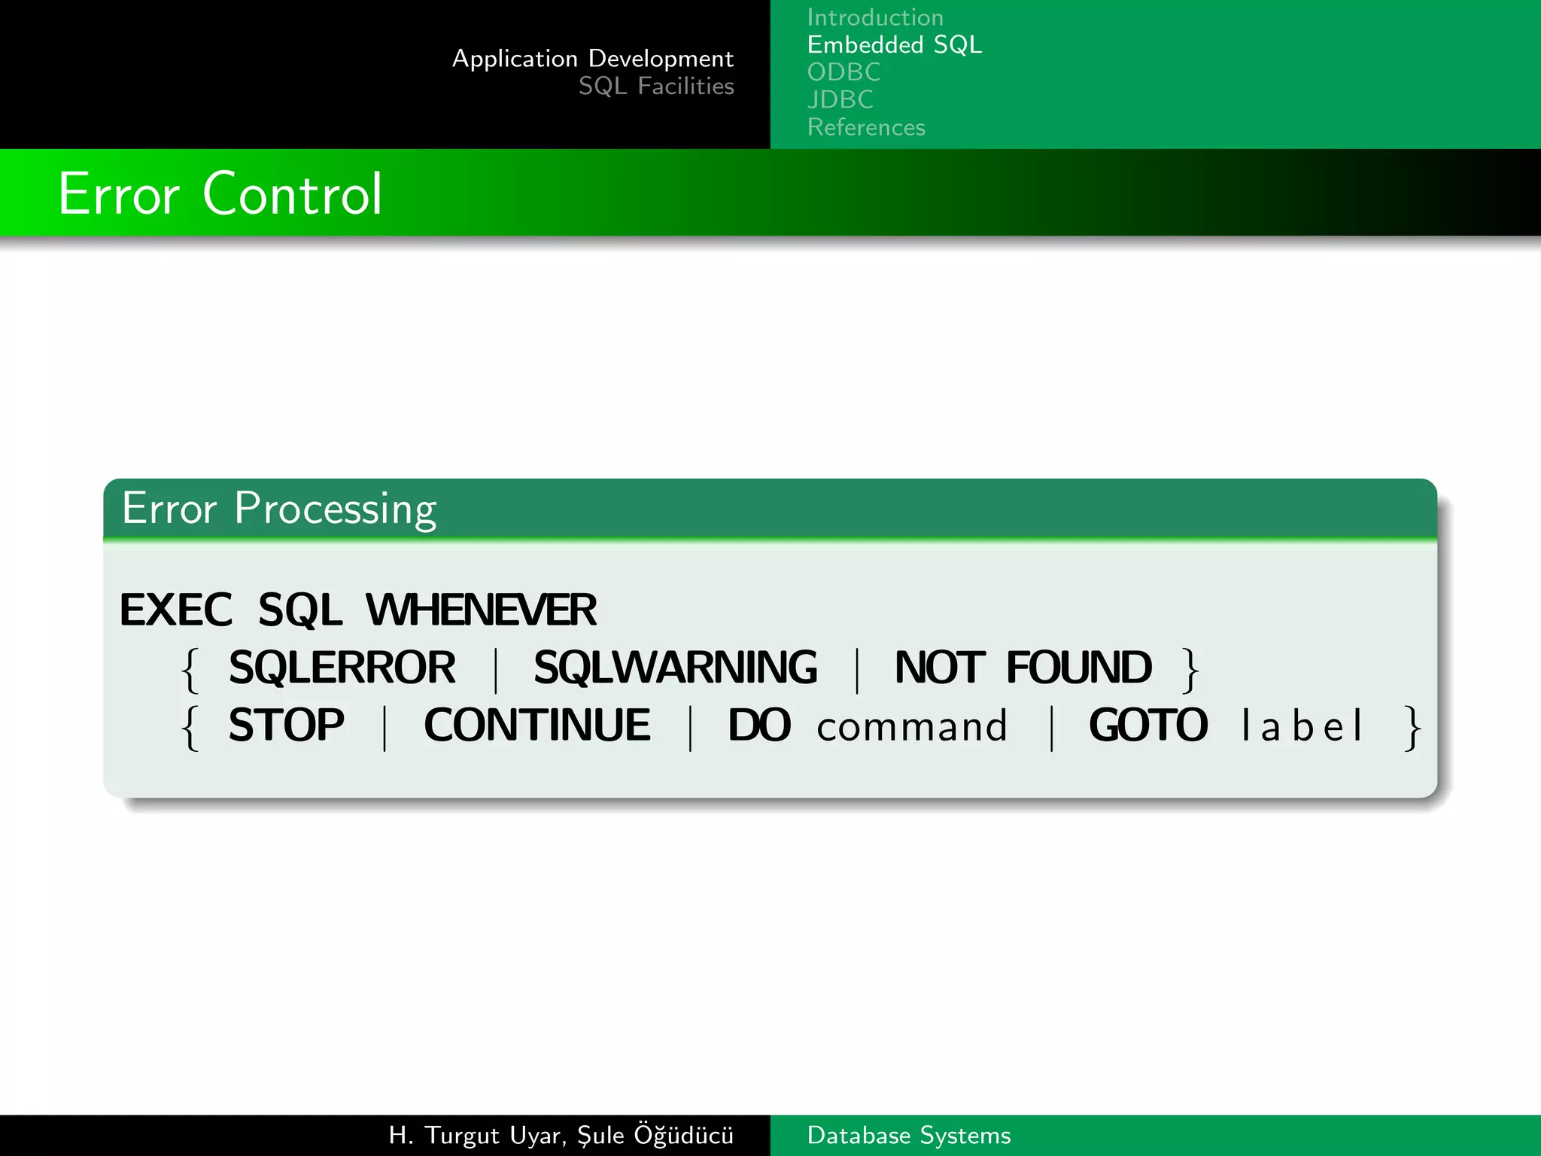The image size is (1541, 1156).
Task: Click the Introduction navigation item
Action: click(x=874, y=17)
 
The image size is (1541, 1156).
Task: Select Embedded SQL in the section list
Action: click(x=894, y=45)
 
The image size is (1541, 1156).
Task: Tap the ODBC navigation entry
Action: click(x=843, y=72)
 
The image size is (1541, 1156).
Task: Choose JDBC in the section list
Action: click(x=840, y=99)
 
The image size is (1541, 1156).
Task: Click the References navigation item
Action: click(x=865, y=127)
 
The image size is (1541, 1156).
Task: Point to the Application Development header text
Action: click(x=592, y=59)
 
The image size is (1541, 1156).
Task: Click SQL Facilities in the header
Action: click(x=655, y=87)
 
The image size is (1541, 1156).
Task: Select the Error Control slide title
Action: click(x=220, y=194)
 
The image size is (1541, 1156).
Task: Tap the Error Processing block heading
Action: click(x=278, y=509)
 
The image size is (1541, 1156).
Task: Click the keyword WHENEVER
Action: click(x=481, y=610)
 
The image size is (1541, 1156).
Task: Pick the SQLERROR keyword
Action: click(x=342, y=668)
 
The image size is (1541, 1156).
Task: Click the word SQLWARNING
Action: click(x=675, y=668)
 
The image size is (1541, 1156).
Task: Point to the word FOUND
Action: click(x=1078, y=668)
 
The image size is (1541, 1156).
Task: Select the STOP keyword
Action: click(x=286, y=726)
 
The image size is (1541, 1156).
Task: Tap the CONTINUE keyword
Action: click(x=536, y=726)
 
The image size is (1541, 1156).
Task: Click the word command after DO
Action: click(x=911, y=727)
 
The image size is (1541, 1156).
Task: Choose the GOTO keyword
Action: click(x=1147, y=726)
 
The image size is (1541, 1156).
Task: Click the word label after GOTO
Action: click(x=1302, y=727)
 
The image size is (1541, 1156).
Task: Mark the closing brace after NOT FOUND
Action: click(x=1190, y=669)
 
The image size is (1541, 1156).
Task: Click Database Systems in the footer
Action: click(x=908, y=1135)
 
